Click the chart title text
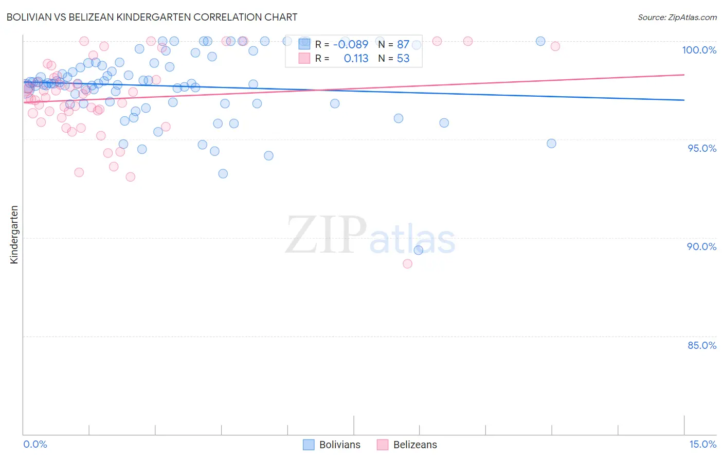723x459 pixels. (152, 17)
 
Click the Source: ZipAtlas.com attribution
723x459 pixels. (677, 17)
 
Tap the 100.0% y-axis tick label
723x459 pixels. (699, 50)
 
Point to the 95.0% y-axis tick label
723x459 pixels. (702, 148)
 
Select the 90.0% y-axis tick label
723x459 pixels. (701, 246)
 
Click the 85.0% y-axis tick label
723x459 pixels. (702, 345)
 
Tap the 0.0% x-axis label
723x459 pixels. (35, 444)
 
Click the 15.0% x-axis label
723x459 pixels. (702, 444)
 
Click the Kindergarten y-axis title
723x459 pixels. (14, 235)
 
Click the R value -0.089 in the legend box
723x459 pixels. (351, 45)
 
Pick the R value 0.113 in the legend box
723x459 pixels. (356, 59)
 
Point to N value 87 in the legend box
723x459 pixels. (403, 45)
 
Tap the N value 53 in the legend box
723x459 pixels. (403, 59)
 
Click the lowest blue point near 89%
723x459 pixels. (418, 250)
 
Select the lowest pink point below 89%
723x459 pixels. (407, 263)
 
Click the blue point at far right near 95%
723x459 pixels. (551, 144)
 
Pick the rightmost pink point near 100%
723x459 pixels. (555, 46)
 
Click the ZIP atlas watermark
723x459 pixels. (370, 236)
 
